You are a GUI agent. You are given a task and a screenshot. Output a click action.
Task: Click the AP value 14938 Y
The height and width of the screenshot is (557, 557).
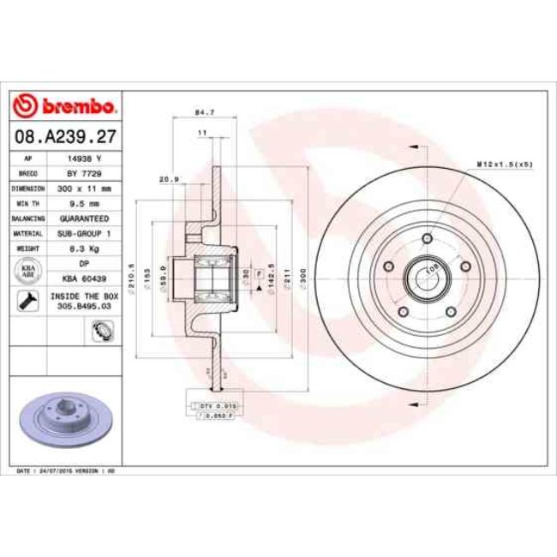(x=85, y=159)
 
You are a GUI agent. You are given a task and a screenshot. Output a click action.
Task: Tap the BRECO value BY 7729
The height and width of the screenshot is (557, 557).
(x=85, y=172)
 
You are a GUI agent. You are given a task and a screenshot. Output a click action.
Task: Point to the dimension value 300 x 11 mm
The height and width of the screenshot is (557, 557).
(x=85, y=188)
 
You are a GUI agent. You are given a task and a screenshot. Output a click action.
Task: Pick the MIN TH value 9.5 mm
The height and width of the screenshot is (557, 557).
(x=85, y=203)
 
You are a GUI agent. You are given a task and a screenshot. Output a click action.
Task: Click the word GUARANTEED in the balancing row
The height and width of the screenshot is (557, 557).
(x=85, y=219)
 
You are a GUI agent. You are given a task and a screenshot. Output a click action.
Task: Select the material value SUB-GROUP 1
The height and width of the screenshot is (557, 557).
(x=85, y=232)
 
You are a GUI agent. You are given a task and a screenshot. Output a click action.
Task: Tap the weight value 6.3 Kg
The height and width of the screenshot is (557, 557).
(x=85, y=248)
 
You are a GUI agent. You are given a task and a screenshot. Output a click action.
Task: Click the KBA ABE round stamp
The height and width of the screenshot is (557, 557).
(x=27, y=270)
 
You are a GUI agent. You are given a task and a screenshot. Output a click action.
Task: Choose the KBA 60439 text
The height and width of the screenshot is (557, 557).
(x=85, y=278)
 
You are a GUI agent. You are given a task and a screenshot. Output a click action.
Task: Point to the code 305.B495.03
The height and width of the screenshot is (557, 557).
(x=85, y=303)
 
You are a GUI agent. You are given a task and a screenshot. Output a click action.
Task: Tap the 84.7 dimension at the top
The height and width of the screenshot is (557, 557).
(x=204, y=111)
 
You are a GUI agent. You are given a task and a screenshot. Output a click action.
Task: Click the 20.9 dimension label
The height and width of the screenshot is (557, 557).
(x=169, y=178)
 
